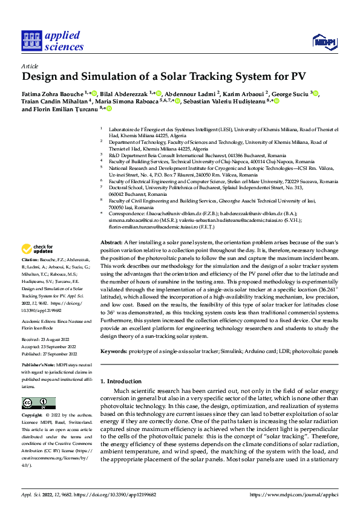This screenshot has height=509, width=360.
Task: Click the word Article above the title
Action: click(30, 65)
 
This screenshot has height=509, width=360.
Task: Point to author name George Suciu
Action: click(292, 94)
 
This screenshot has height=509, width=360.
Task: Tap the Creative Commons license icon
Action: click(39, 403)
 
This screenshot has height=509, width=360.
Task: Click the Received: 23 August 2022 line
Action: click(48, 340)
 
